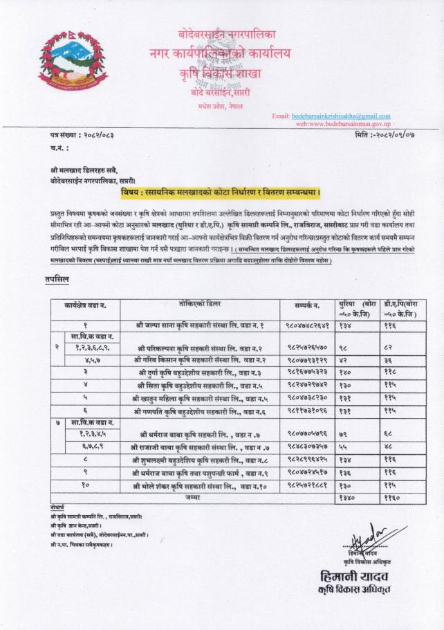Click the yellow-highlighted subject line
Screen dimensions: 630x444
click(222, 188)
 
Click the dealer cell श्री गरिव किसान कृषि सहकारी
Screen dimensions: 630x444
click(201, 359)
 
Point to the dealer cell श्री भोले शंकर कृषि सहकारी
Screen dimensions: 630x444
click(201, 485)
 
